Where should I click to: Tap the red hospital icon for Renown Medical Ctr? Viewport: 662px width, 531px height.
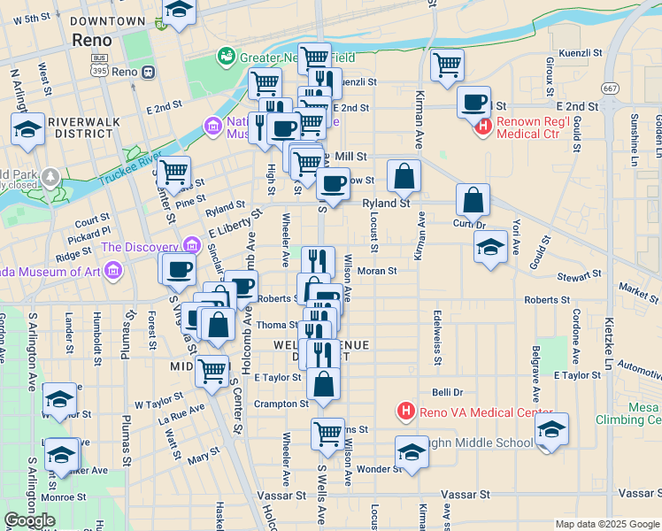[x=483, y=127]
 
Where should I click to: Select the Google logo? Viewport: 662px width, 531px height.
[x=29, y=520]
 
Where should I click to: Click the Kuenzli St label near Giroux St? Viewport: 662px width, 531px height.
[x=581, y=53]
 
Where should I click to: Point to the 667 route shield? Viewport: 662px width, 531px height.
[x=610, y=88]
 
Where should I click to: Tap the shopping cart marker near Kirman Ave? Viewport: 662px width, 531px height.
[x=447, y=65]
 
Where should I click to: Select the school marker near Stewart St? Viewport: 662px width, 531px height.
[x=490, y=246]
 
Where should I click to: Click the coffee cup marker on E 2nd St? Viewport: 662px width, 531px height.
[x=474, y=102]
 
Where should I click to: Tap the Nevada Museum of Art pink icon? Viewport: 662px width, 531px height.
[x=112, y=273]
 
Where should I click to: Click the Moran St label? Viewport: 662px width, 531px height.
[x=377, y=270]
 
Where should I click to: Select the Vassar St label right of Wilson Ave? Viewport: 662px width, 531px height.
[x=471, y=494]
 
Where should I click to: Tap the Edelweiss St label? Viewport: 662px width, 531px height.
[x=437, y=336]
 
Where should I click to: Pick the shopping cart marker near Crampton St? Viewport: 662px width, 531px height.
[x=327, y=434]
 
